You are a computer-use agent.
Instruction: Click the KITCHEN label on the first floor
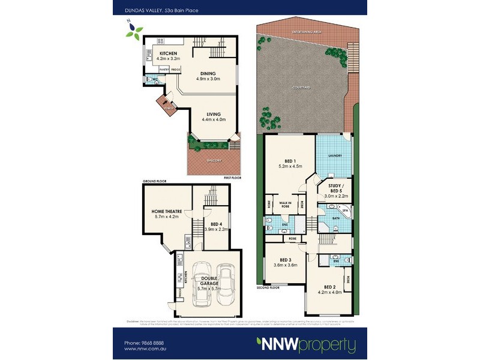click(168, 53)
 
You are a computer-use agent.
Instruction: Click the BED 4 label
click(217, 224)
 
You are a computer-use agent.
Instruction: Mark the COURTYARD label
click(301, 88)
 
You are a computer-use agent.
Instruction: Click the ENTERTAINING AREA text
click(305, 30)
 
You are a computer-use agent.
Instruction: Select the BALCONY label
click(214, 160)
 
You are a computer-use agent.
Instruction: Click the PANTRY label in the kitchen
click(164, 70)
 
